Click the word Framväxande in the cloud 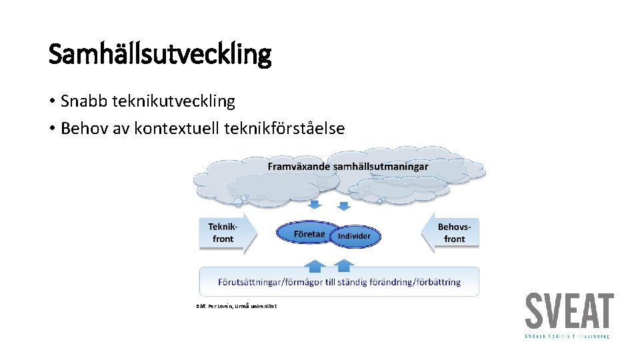tap(299, 166)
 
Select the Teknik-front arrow tap(225, 233)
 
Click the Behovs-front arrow tap(452, 233)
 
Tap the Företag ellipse tap(308, 234)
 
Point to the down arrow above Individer tap(344, 205)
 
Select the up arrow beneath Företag tap(315, 265)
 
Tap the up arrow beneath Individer tap(343, 265)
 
